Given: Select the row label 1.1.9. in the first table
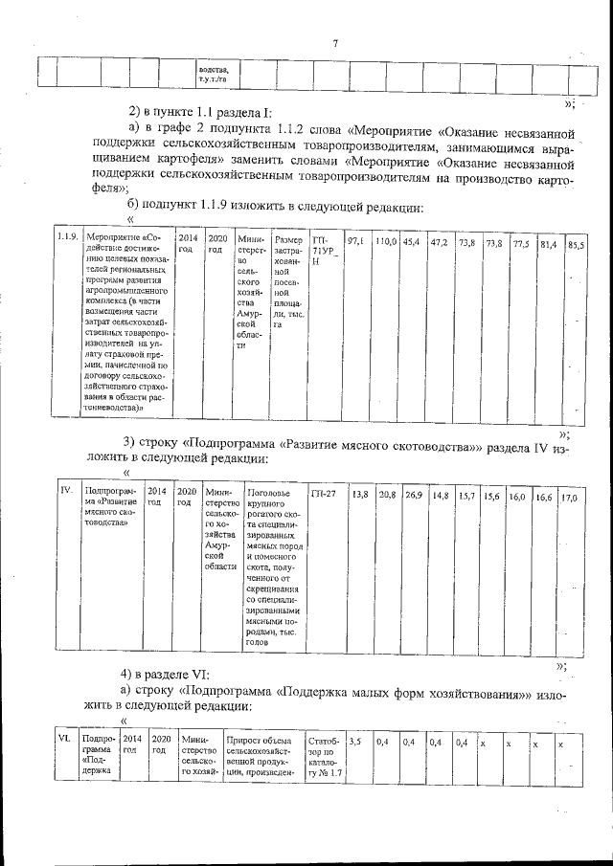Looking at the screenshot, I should [x=67, y=237].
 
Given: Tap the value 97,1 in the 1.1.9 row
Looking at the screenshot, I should [x=355, y=239].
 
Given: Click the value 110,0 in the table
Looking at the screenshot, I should [x=385, y=241].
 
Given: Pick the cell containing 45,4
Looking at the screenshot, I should [x=412, y=241].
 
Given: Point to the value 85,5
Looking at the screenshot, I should [x=577, y=245].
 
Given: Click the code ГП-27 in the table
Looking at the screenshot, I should [x=324, y=494].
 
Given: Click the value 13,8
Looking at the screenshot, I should [x=360, y=495].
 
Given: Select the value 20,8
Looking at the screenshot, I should [x=386, y=495].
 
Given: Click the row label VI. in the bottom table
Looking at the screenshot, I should [x=64, y=738].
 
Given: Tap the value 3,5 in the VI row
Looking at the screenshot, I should [x=353, y=741].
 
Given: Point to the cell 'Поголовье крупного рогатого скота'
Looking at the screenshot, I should [x=274, y=565].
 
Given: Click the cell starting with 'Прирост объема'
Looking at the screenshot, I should [x=261, y=755].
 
